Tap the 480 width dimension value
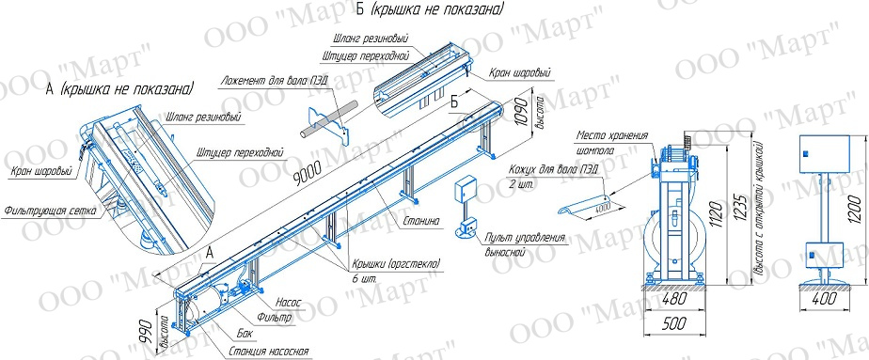click(674, 299)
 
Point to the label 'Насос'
click(288, 303)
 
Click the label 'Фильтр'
click(275, 318)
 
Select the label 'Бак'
click(245, 334)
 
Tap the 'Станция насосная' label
click(268, 352)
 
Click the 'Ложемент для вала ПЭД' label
click(274, 79)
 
